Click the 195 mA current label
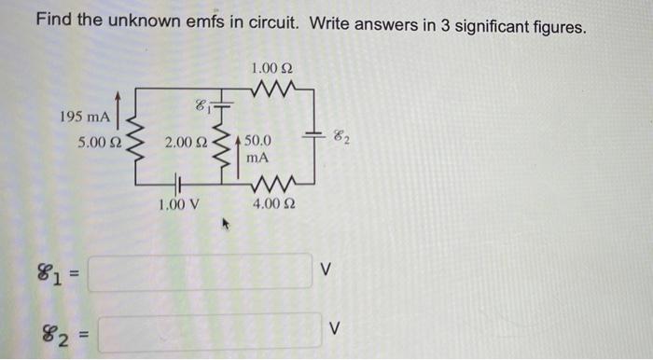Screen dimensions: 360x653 (x=85, y=118)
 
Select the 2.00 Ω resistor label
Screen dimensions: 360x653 (x=184, y=144)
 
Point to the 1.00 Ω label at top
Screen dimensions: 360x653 (x=272, y=67)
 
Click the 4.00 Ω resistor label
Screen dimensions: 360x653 (x=273, y=203)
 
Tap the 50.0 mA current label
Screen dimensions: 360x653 (x=257, y=150)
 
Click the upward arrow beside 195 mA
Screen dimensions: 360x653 (x=118, y=105)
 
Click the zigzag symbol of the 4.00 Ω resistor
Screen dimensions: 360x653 (x=273, y=184)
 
